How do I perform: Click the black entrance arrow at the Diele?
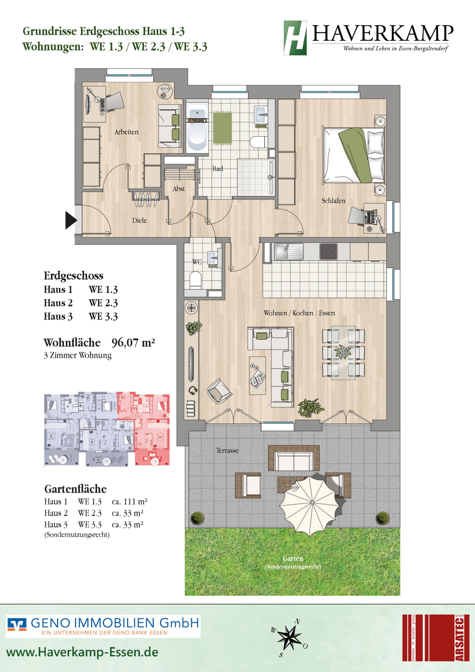71,220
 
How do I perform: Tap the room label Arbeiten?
126,132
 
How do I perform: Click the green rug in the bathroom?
222,128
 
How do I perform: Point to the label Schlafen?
333,201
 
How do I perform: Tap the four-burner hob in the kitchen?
328,252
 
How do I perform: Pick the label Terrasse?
227,450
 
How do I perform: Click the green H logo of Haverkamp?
295,38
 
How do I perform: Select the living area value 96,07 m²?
133,343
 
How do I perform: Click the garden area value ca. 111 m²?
129,502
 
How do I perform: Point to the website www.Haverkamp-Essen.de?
82,652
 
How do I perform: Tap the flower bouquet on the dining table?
343,351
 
